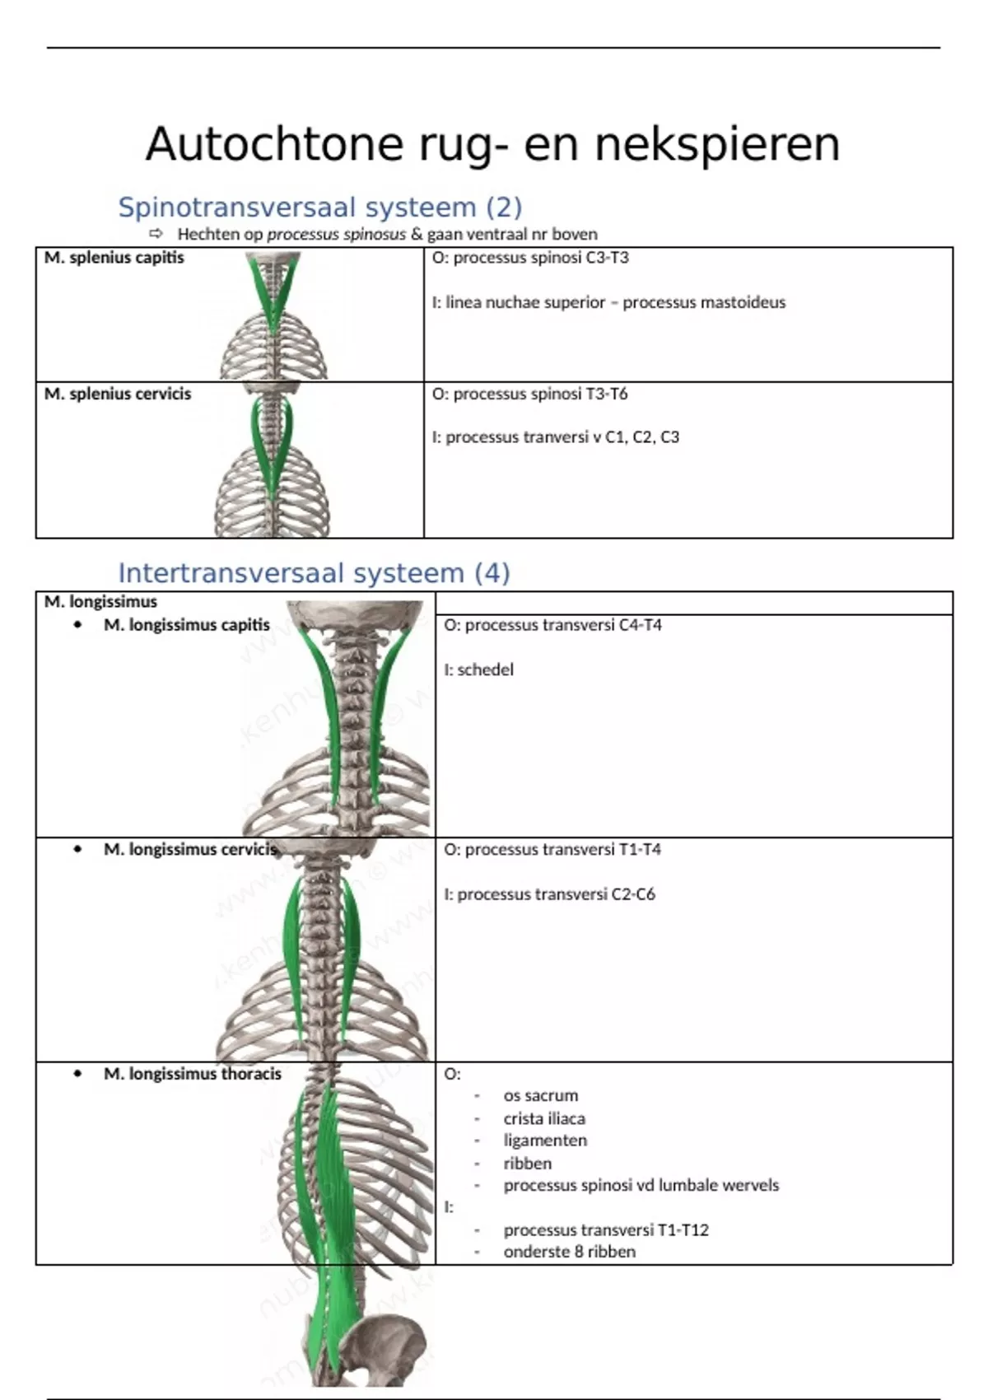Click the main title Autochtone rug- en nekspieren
coord(492,144)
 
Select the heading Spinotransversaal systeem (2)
coord(320,207)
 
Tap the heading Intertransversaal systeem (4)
coord(314,572)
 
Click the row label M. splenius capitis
coord(114,258)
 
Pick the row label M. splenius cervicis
coord(118,394)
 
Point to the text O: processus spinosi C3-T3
coord(530,258)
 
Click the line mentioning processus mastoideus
coord(608,302)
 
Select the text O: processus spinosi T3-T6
coord(529,394)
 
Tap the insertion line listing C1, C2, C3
coord(556,437)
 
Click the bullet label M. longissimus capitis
coord(187,625)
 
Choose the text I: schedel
coord(478,670)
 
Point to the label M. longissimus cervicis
coord(190,849)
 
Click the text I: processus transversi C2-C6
coord(549,894)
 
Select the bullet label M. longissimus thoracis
coord(193,1074)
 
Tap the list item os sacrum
coord(541,1095)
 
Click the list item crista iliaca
coord(544,1118)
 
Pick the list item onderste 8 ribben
coord(570,1252)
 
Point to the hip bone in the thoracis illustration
coord(387,1338)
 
